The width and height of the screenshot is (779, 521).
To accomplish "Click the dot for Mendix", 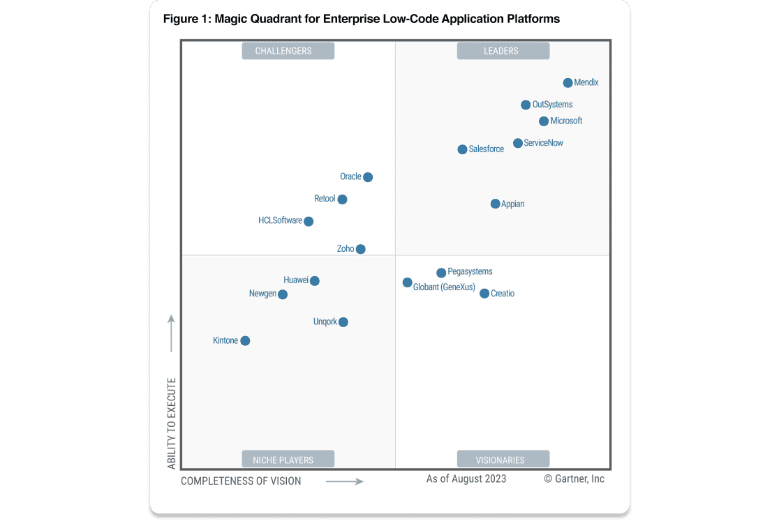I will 568,83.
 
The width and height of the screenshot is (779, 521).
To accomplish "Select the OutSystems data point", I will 526,105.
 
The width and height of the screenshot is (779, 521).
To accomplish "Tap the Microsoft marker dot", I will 544,121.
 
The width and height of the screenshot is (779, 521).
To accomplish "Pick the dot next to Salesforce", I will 462,149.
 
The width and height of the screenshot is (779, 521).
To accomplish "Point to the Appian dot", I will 495,204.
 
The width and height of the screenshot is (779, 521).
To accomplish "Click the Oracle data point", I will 368,177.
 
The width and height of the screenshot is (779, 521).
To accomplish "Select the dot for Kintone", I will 245,341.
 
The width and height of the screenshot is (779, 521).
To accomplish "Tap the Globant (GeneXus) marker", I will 407,282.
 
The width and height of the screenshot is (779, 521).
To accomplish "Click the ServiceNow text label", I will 544,143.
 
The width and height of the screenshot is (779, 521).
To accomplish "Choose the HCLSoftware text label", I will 280,221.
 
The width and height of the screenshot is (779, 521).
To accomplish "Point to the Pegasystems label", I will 470,272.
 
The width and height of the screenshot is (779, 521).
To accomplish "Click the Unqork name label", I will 325,322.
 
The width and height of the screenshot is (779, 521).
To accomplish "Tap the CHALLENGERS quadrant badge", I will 288,51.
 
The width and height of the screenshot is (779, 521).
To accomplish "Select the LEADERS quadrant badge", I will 503,51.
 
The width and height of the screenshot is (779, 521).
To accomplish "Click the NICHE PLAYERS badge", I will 288,459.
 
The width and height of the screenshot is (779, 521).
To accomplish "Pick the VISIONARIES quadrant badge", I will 503,459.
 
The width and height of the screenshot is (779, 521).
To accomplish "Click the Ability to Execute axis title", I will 172,423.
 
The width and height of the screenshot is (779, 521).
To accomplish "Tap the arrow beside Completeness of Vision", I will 345,481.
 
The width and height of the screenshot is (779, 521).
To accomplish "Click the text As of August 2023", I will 466,479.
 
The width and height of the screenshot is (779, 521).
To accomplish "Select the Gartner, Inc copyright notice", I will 574,479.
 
